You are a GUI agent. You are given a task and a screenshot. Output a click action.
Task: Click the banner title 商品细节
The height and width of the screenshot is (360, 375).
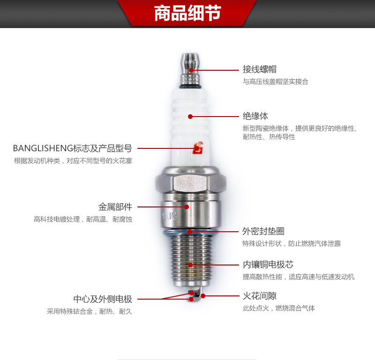point(187,13)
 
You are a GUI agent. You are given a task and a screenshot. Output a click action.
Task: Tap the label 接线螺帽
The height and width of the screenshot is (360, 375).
point(260,69)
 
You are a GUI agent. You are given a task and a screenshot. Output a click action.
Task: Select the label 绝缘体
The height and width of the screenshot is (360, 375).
point(255,116)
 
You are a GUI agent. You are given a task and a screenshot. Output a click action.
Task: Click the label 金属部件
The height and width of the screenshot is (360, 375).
point(115,207)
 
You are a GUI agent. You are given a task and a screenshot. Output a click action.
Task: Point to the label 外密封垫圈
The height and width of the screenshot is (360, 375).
point(263,231)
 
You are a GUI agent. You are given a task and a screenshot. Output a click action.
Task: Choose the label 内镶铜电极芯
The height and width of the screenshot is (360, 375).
point(268,264)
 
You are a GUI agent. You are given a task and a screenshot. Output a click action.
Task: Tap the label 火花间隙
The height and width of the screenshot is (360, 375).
point(260,296)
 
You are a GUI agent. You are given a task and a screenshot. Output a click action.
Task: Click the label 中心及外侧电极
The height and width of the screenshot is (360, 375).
point(103,299)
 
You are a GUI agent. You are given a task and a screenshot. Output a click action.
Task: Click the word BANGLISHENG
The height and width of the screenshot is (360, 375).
point(43,148)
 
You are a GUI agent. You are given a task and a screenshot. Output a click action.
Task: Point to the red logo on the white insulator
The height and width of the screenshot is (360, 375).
point(198,148)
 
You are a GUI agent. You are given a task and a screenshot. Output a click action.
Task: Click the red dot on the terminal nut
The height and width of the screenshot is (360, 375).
point(191,70)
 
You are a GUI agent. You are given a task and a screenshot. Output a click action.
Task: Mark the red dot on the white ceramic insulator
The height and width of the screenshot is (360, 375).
point(190,117)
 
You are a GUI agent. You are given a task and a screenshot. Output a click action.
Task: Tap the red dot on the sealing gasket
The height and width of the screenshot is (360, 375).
point(190,231)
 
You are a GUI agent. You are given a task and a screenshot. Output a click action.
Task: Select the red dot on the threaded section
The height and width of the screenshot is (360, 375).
point(190,264)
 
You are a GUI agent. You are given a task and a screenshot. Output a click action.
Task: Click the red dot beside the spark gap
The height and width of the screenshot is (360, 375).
point(203,296)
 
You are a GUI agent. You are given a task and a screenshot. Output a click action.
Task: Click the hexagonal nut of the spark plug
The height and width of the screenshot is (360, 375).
point(191,183)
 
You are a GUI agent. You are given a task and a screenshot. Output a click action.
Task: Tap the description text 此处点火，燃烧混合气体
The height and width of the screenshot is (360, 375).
point(279,308)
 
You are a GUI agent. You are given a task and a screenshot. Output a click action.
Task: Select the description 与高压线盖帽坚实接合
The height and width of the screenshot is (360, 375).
point(276,82)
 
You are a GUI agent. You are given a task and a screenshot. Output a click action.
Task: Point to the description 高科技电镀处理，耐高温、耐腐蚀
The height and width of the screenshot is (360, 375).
point(83,219)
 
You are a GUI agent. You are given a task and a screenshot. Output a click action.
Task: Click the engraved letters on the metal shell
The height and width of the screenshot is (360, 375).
point(169,216)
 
